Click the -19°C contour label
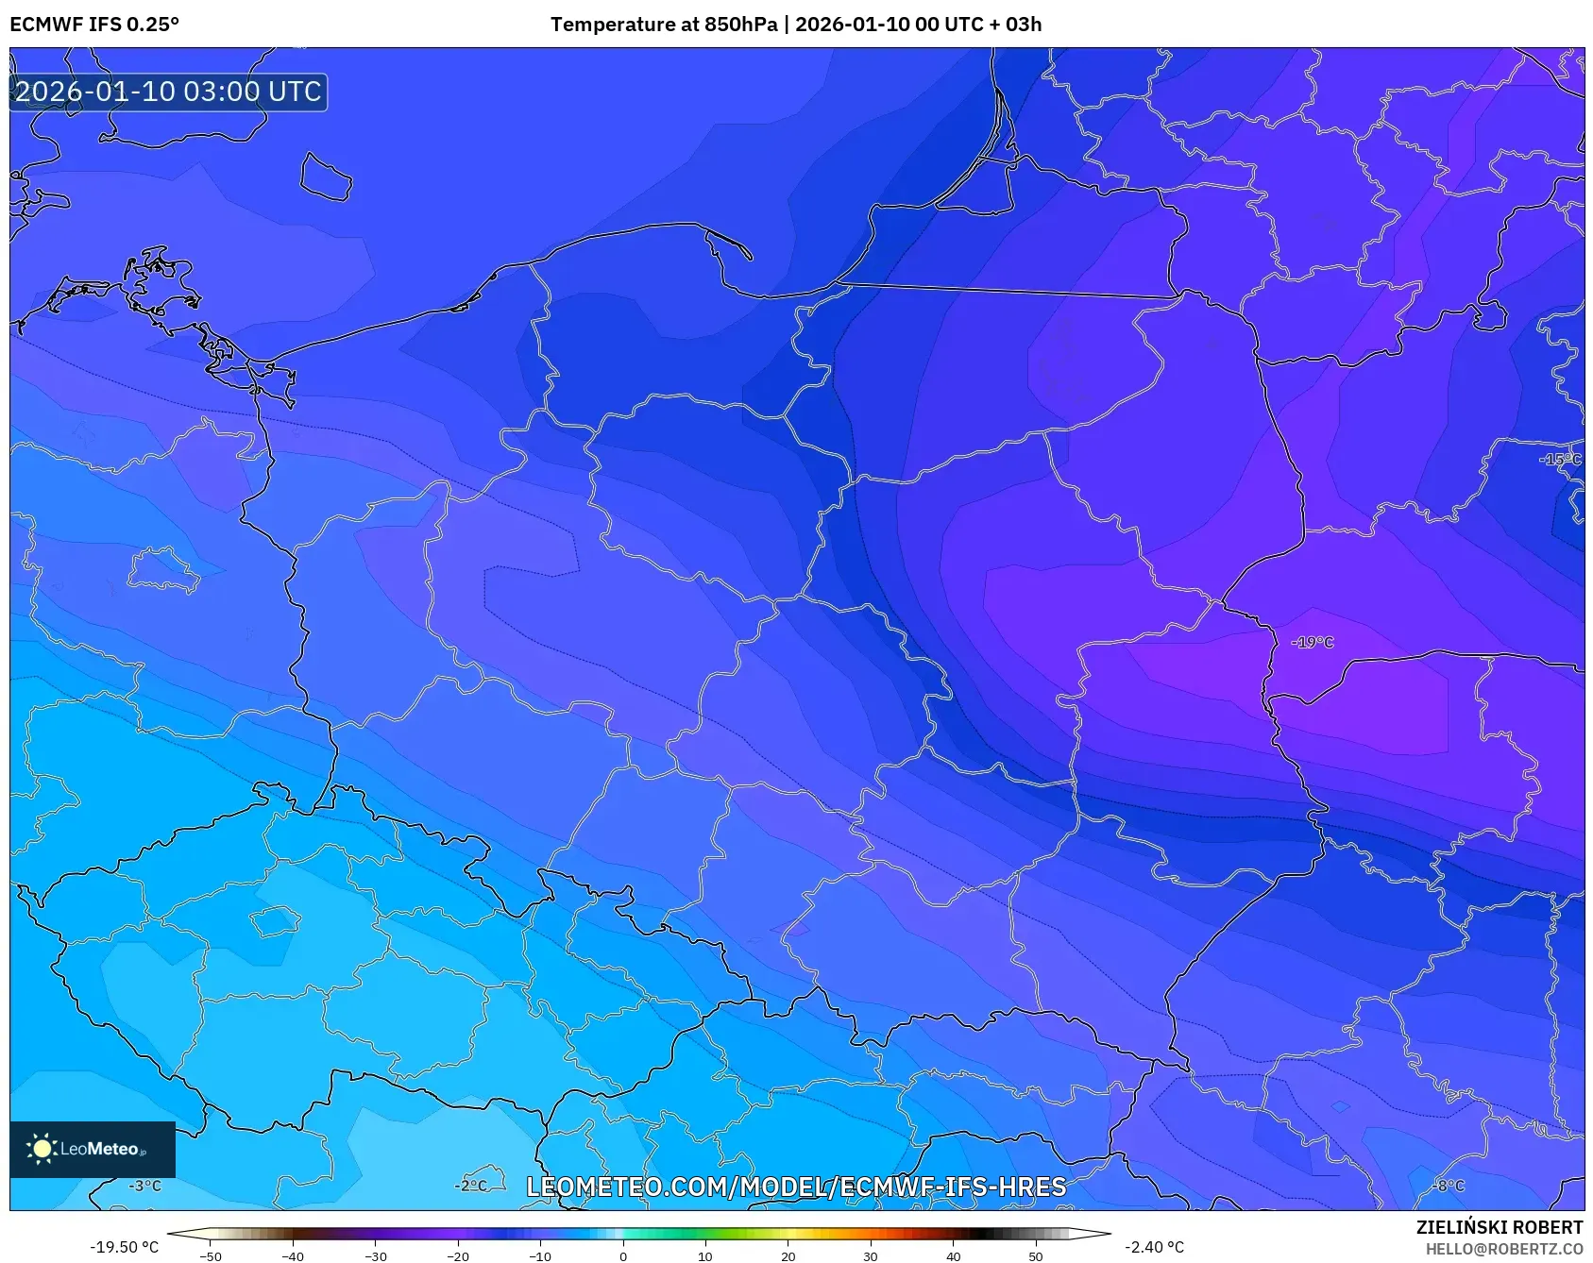click(x=1313, y=643)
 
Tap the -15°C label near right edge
click(x=1560, y=460)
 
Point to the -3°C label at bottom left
click(x=145, y=1187)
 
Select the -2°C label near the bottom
click(x=471, y=1186)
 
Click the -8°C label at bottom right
click(x=1449, y=1186)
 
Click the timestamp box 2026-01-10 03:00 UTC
click(x=168, y=92)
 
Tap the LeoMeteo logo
click(x=92, y=1149)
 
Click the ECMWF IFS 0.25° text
click(x=94, y=25)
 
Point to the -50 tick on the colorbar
click(x=211, y=1256)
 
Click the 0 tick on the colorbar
click(x=622, y=1256)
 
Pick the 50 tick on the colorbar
click(x=1035, y=1256)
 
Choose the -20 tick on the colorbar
click(x=458, y=1256)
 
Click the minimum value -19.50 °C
click(x=124, y=1247)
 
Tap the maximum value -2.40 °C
click(x=1154, y=1247)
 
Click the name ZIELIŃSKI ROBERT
click(x=1499, y=1227)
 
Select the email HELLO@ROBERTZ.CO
click(x=1503, y=1249)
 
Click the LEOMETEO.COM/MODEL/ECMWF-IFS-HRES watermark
click(x=796, y=1187)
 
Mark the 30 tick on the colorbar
click(x=870, y=1256)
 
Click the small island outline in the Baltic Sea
click(x=326, y=177)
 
